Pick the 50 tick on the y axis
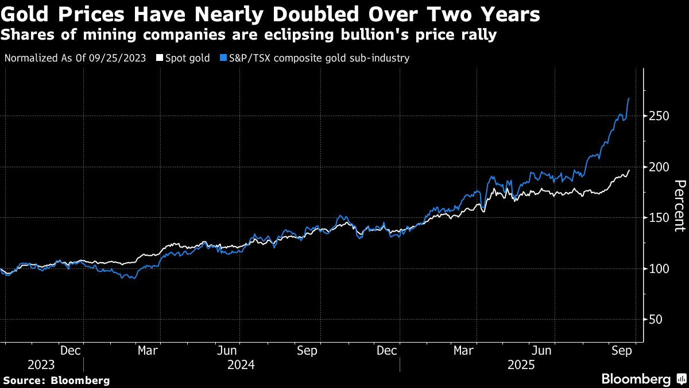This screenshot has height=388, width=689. click(655, 320)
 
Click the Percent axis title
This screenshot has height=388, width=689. click(679, 205)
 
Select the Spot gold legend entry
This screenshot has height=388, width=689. click(187, 58)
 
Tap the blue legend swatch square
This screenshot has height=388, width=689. click(222, 58)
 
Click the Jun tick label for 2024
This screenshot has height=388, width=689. click(227, 349)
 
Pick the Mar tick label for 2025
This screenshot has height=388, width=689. click(464, 349)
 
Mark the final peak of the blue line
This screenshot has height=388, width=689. click(629, 99)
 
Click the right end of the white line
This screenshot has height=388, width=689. click(629, 170)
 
